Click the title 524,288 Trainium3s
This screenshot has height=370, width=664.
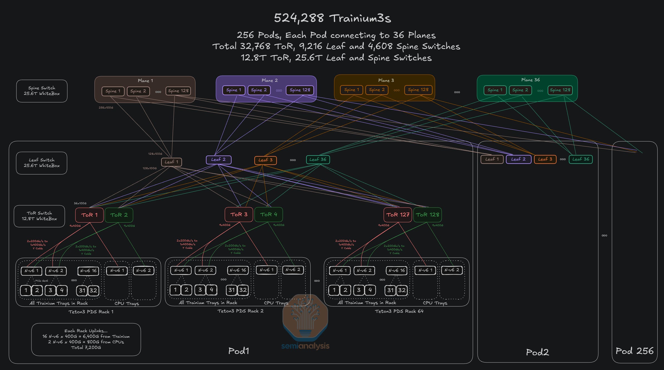(332, 18)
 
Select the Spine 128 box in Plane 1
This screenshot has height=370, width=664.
(178, 91)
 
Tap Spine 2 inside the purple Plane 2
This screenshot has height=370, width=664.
(259, 90)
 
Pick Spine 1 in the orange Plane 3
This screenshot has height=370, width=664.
(351, 90)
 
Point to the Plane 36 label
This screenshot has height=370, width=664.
(530, 80)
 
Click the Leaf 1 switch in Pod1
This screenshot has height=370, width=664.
(171, 162)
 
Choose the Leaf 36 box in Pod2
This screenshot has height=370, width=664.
(581, 159)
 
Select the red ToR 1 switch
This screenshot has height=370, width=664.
(89, 215)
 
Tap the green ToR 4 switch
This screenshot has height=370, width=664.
(268, 214)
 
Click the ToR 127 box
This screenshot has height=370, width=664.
(398, 215)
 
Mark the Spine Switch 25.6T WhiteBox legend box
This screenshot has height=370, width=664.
(42, 91)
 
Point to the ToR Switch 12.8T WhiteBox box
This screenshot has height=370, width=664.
(39, 216)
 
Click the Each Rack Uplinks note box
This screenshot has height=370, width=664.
(86, 339)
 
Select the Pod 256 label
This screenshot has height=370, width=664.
(634, 351)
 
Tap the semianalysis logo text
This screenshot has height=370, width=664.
(305, 346)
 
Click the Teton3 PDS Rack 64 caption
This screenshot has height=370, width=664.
(399, 311)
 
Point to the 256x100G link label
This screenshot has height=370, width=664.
(106, 108)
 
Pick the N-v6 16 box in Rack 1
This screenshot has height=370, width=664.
(88, 271)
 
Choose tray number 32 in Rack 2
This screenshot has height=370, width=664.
(243, 290)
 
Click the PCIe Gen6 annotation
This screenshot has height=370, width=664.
(41, 281)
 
